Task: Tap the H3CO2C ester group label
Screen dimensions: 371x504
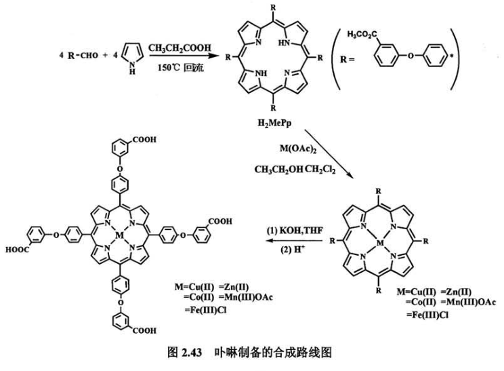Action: tap(364, 33)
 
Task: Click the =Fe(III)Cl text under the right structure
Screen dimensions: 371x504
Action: tap(425, 315)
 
